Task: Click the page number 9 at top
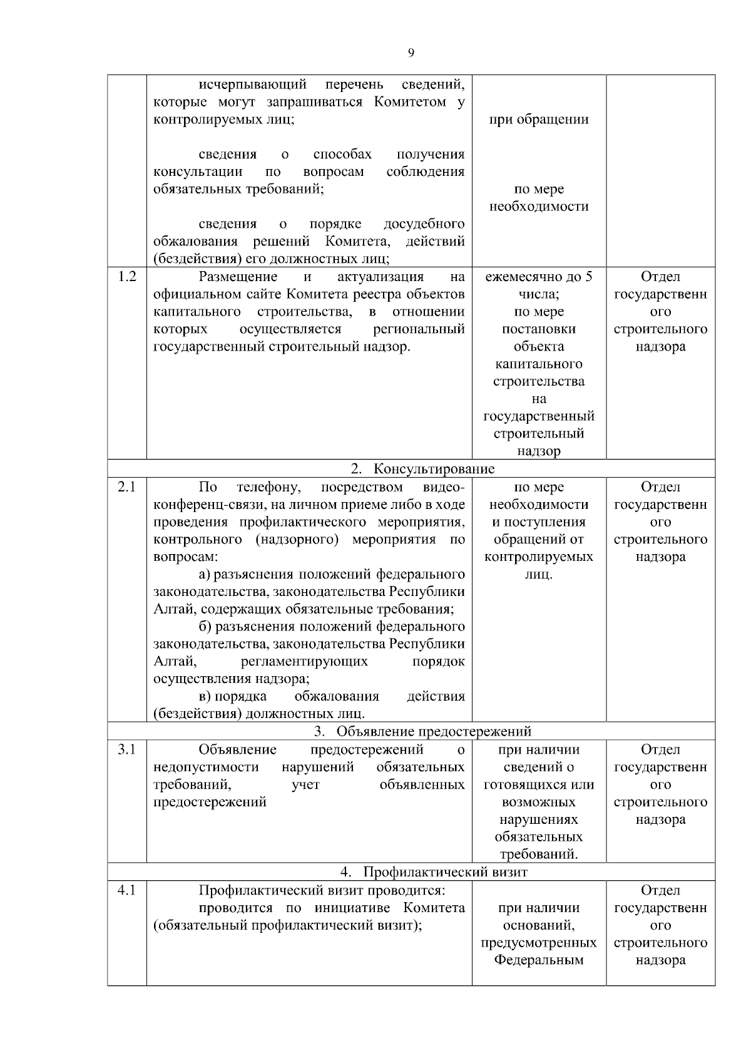click(411, 53)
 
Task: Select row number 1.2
click(127, 277)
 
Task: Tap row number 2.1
click(127, 487)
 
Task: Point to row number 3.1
click(127, 749)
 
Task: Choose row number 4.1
click(127, 890)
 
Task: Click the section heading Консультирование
click(434, 469)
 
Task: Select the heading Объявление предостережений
click(434, 731)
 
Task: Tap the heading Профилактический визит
click(445, 872)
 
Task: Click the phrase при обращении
click(538, 120)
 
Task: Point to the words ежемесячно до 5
click(538, 277)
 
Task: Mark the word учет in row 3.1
click(305, 784)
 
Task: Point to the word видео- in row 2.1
click(444, 487)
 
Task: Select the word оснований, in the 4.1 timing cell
click(538, 925)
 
